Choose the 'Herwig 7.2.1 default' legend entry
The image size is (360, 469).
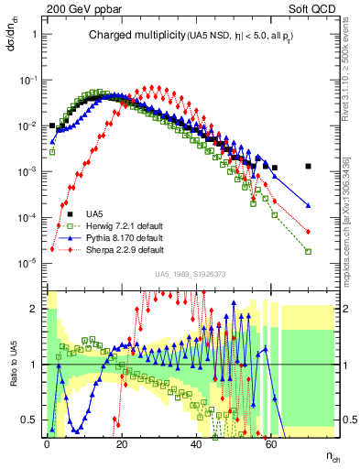pos(118,227)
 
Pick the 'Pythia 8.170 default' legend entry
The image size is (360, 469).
pos(118,238)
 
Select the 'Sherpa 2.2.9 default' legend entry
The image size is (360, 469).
pos(118,249)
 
